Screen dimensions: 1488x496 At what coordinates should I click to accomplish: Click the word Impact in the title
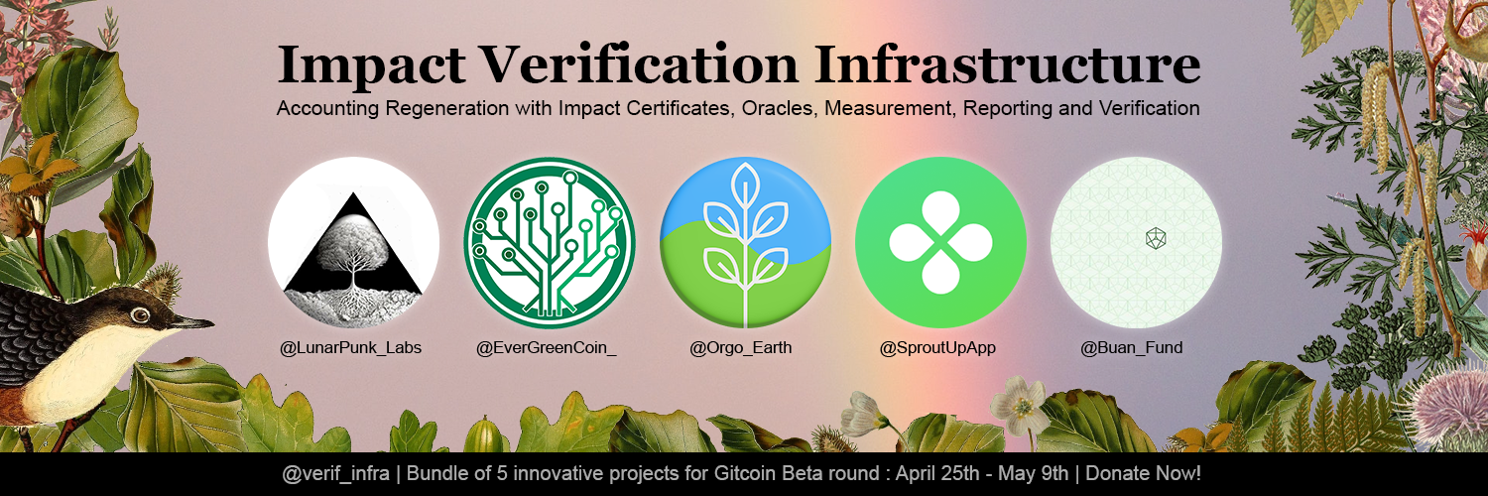pyautogui.click(x=371, y=65)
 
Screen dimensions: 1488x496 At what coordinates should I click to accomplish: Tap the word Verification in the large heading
pyautogui.click(x=639, y=64)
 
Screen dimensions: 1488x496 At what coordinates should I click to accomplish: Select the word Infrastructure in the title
pyautogui.click(x=1007, y=64)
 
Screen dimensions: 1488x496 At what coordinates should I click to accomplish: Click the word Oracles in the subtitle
pyautogui.click(x=777, y=108)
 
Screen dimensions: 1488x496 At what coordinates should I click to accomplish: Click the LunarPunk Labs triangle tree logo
pyautogui.click(x=353, y=242)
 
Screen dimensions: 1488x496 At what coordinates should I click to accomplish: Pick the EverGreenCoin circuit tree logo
pyautogui.click(x=550, y=242)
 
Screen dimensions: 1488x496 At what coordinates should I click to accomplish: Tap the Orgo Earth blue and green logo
pyautogui.click(x=745, y=242)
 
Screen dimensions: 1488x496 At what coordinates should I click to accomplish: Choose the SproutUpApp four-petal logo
pyautogui.click(x=940, y=242)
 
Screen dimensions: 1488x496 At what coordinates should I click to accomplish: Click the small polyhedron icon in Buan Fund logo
pyautogui.click(x=1156, y=238)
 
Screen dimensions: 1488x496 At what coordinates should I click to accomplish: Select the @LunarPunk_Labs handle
pyautogui.click(x=351, y=348)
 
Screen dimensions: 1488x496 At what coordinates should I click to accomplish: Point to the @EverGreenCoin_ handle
pyautogui.click(x=546, y=348)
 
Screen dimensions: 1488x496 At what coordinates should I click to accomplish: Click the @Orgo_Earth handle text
pyautogui.click(x=741, y=348)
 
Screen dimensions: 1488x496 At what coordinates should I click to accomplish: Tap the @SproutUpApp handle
pyautogui.click(x=937, y=348)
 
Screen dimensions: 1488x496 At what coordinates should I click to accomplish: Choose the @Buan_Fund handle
pyautogui.click(x=1131, y=348)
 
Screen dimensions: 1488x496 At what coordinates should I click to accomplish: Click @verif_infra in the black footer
pyautogui.click(x=336, y=474)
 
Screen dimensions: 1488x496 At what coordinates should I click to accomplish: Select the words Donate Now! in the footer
pyautogui.click(x=1143, y=473)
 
